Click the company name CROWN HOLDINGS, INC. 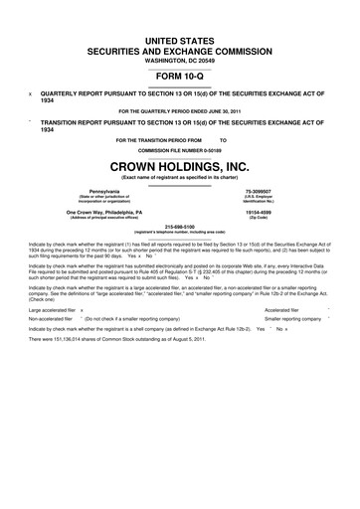(x=180, y=165)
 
